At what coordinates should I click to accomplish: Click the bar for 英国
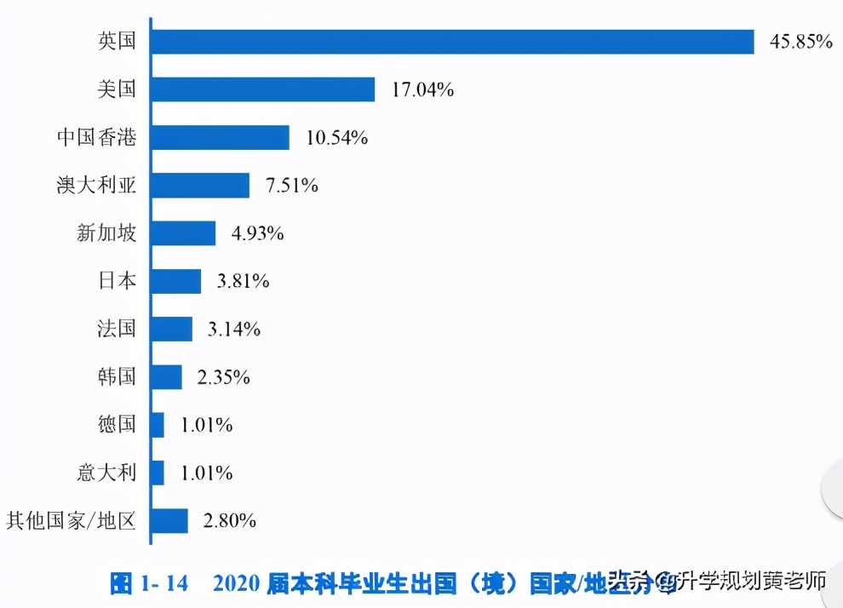(x=452, y=42)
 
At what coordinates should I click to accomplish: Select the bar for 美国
(x=263, y=89)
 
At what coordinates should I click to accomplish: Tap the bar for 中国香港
(x=221, y=138)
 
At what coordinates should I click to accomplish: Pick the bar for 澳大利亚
(x=200, y=186)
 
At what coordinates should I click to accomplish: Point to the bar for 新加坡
(x=183, y=233)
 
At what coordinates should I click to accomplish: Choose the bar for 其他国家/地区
(x=169, y=520)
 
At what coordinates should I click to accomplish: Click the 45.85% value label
(x=800, y=41)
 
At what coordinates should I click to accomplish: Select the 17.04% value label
(x=422, y=89)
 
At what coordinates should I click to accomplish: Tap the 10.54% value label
(x=336, y=138)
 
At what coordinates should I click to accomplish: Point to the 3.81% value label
(x=243, y=281)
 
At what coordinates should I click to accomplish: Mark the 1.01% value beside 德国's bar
(x=206, y=425)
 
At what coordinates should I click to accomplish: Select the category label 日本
(x=118, y=281)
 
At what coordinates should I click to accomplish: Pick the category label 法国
(x=118, y=329)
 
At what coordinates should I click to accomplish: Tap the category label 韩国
(x=118, y=376)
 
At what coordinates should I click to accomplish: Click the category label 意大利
(x=107, y=473)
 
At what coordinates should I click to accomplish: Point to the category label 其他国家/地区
(x=72, y=520)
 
